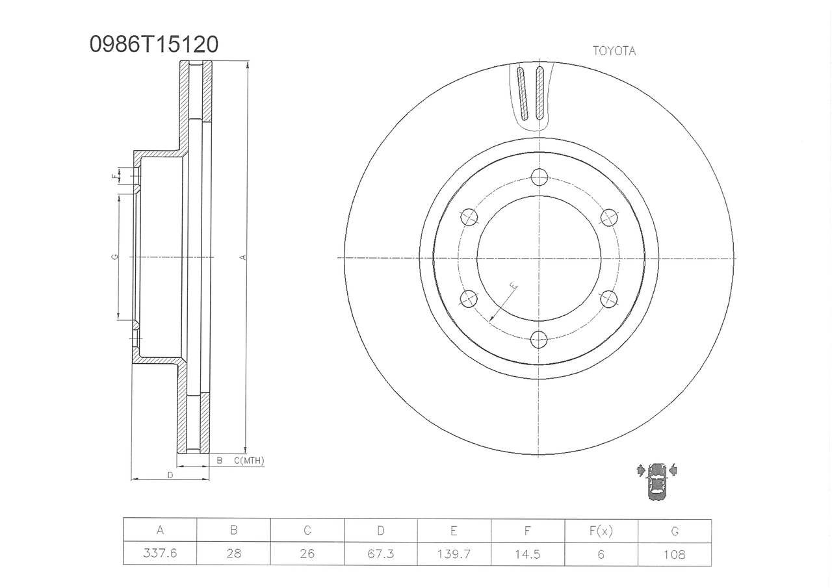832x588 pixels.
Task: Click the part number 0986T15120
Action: (x=154, y=45)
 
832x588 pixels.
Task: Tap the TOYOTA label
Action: (x=614, y=51)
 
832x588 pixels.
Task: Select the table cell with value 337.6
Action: (x=160, y=553)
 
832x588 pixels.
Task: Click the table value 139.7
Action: (x=454, y=554)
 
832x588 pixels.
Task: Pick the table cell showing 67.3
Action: (x=381, y=554)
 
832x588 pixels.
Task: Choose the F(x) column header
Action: (x=601, y=531)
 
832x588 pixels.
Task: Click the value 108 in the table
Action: (x=675, y=555)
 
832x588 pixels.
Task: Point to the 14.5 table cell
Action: (x=527, y=554)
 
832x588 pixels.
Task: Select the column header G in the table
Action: (x=675, y=531)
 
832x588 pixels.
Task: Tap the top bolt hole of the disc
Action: (x=539, y=177)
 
